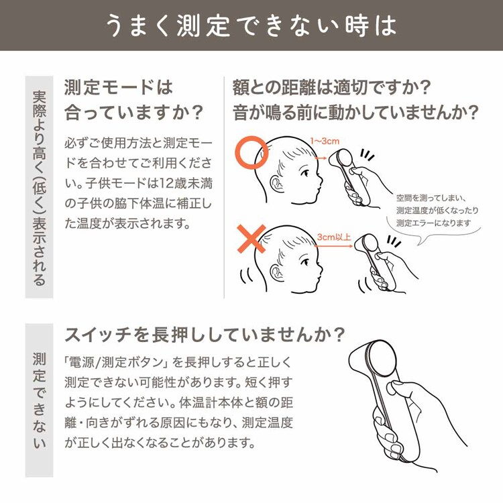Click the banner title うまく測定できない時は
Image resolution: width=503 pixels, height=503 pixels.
(x=251, y=25)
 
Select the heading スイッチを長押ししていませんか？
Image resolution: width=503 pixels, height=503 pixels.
(x=205, y=333)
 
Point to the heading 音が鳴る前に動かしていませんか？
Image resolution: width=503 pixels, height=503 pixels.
(x=355, y=111)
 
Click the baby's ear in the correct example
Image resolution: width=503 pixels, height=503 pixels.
(x=276, y=184)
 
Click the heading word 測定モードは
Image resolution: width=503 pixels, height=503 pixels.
(x=118, y=87)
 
